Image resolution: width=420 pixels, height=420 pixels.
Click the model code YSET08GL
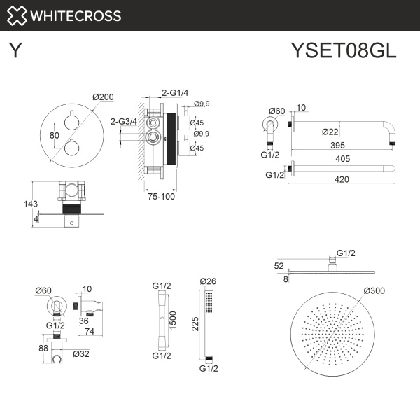(x=344, y=51)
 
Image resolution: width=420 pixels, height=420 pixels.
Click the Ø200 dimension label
(x=103, y=97)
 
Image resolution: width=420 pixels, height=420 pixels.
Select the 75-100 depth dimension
(x=162, y=196)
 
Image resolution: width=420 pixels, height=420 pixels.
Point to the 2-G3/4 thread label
(x=124, y=121)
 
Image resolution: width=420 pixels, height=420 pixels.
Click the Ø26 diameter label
(x=208, y=282)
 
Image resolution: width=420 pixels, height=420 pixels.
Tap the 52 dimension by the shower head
(x=279, y=267)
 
